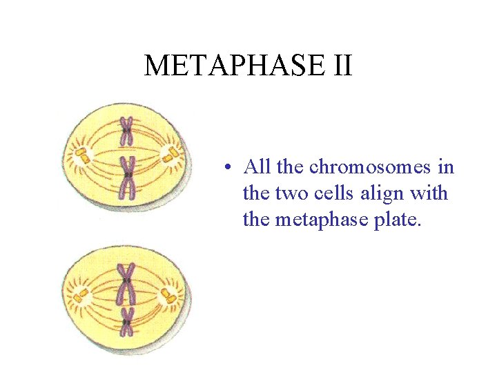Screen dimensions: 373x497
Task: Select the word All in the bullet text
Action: tap(257, 167)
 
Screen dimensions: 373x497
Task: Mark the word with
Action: tap(433, 193)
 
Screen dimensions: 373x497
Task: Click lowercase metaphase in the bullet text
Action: tap(322, 220)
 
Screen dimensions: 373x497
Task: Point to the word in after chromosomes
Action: tap(446, 167)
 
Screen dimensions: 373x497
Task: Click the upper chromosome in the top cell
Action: tap(126, 131)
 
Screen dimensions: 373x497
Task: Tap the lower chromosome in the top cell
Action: tap(127, 176)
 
